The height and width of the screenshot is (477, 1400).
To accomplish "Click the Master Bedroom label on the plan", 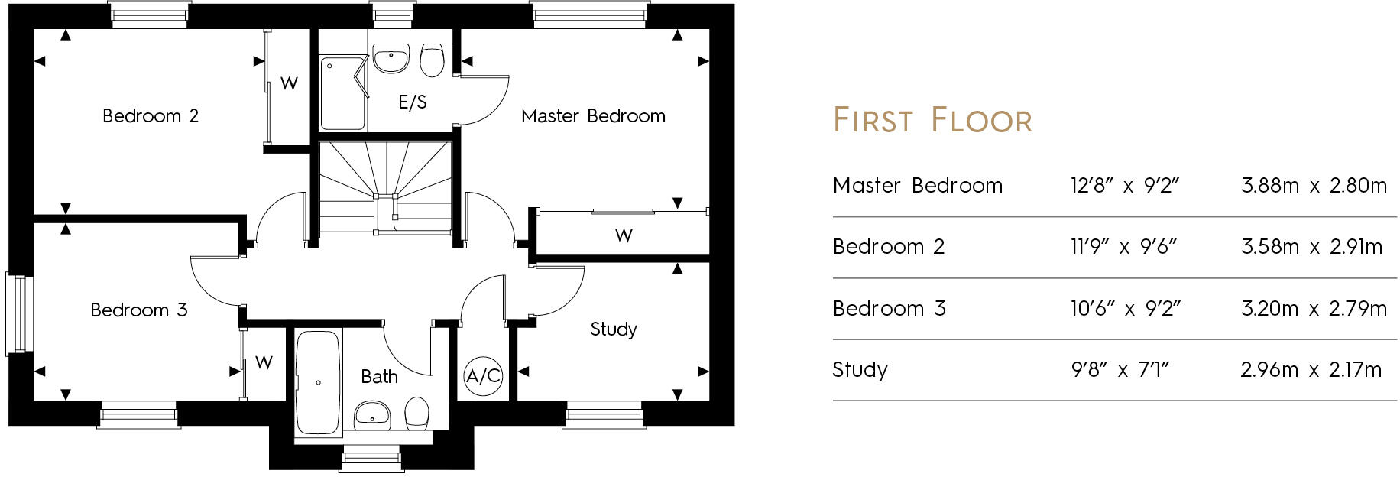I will [x=593, y=116].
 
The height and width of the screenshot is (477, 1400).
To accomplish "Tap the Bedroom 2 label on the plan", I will [x=151, y=116].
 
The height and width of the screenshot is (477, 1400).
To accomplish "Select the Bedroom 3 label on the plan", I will [x=138, y=310].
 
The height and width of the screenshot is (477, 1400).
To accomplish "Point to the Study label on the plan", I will [x=614, y=329].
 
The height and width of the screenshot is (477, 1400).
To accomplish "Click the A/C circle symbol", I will [x=483, y=376].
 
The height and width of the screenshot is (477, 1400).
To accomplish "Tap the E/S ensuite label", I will [x=413, y=102].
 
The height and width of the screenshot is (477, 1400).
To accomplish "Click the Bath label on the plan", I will [x=379, y=377].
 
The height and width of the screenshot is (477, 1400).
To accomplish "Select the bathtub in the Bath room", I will [x=317, y=381].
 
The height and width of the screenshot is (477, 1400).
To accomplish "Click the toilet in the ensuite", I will [x=432, y=61].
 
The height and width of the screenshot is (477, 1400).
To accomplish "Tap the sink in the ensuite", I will [x=391, y=58].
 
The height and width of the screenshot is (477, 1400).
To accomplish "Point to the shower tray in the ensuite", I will [x=342, y=93].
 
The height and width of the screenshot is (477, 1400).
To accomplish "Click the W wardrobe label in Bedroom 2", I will [x=289, y=83].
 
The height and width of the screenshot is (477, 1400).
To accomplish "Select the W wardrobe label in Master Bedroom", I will [x=624, y=235].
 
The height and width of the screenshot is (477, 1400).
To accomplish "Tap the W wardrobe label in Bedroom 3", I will [x=264, y=362].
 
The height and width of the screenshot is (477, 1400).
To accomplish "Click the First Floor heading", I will [x=932, y=121].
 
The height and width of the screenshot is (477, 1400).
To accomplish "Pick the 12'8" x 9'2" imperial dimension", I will [x=1125, y=186].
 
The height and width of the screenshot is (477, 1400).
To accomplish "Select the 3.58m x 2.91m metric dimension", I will [x=1311, y=247].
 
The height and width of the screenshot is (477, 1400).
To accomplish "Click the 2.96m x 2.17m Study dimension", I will [x=1311, y=370].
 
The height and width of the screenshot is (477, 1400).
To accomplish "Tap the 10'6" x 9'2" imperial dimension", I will [x=1125, y=309].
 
